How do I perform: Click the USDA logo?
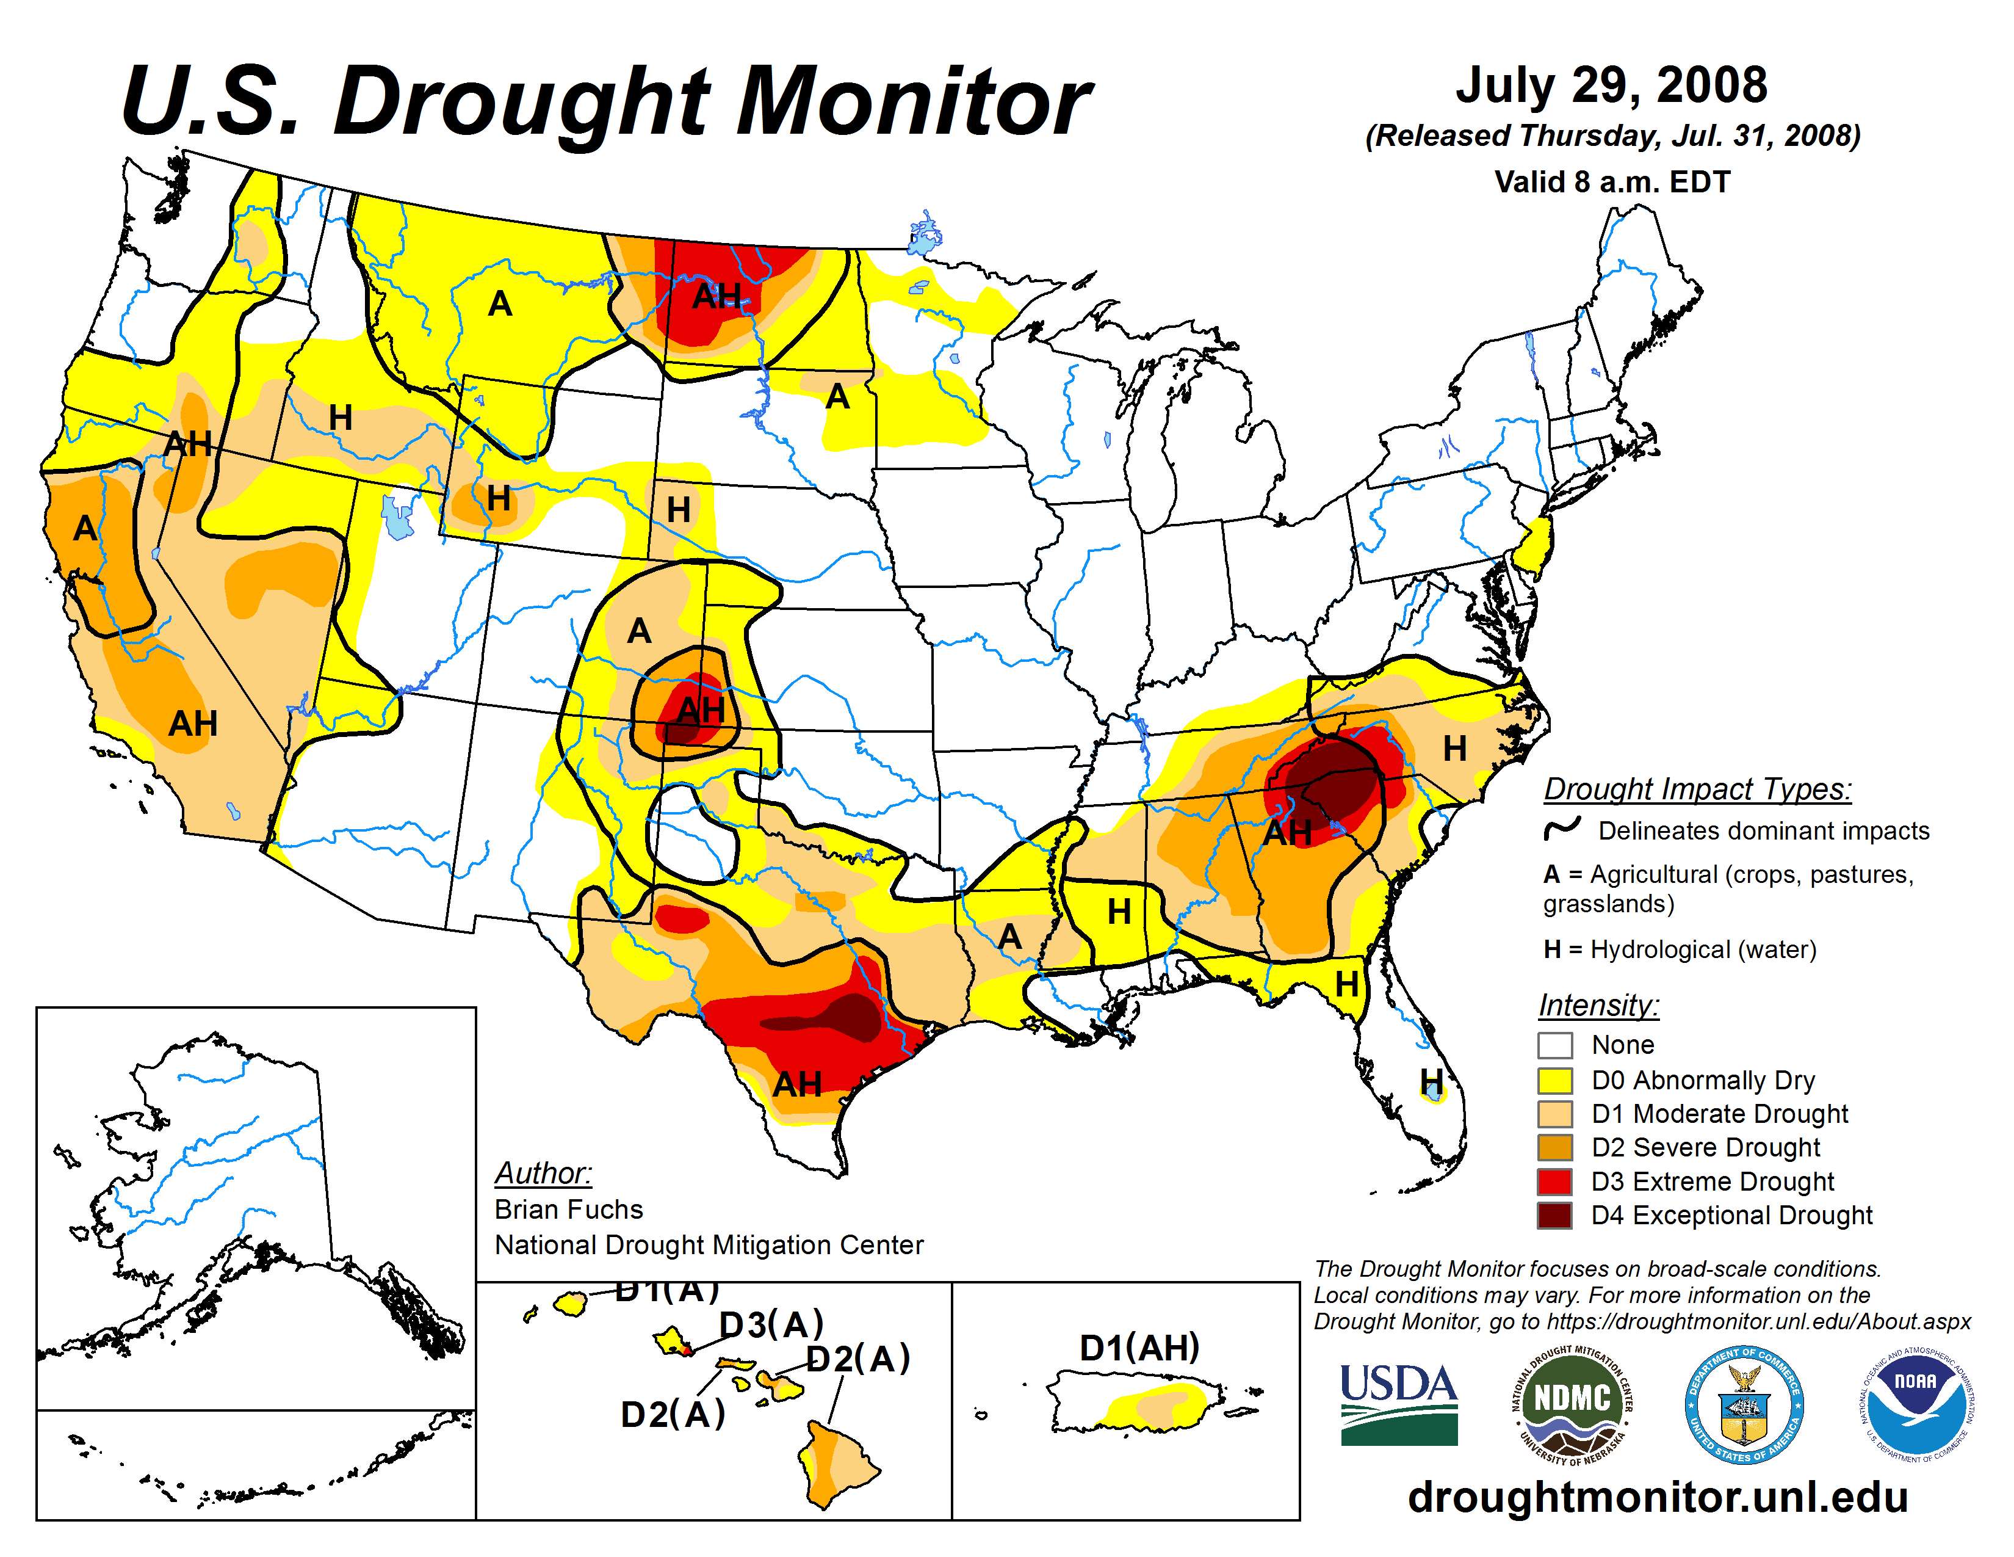(x=1398, y=1404)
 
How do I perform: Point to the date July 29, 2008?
(x=1611, y=85)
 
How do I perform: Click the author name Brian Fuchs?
(x=568, y=1209)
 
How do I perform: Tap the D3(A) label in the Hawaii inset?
(x=771, y=1324)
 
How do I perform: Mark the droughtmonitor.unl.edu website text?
(x=1657, y=1496)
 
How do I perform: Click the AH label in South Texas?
(x=796, y=1084)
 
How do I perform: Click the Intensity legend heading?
(x=1598, y=1004)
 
